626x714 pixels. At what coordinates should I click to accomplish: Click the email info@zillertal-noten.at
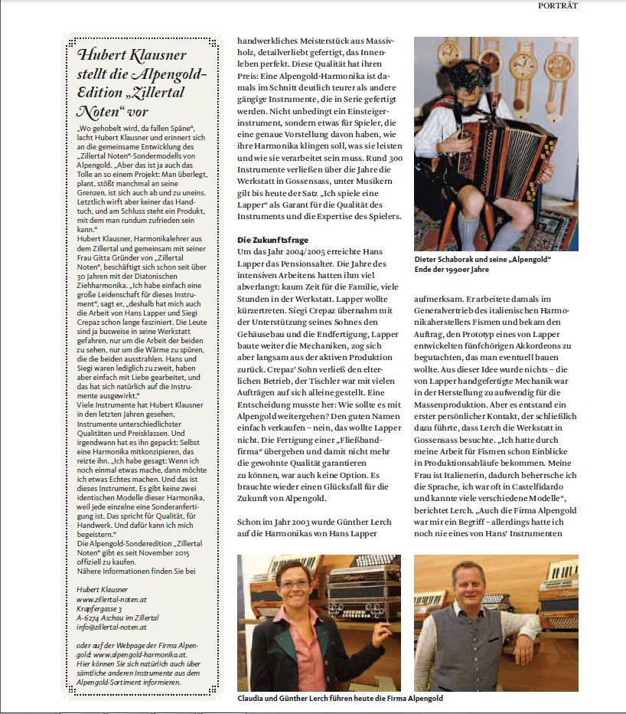111,627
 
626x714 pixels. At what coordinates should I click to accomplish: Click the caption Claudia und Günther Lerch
340,699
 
